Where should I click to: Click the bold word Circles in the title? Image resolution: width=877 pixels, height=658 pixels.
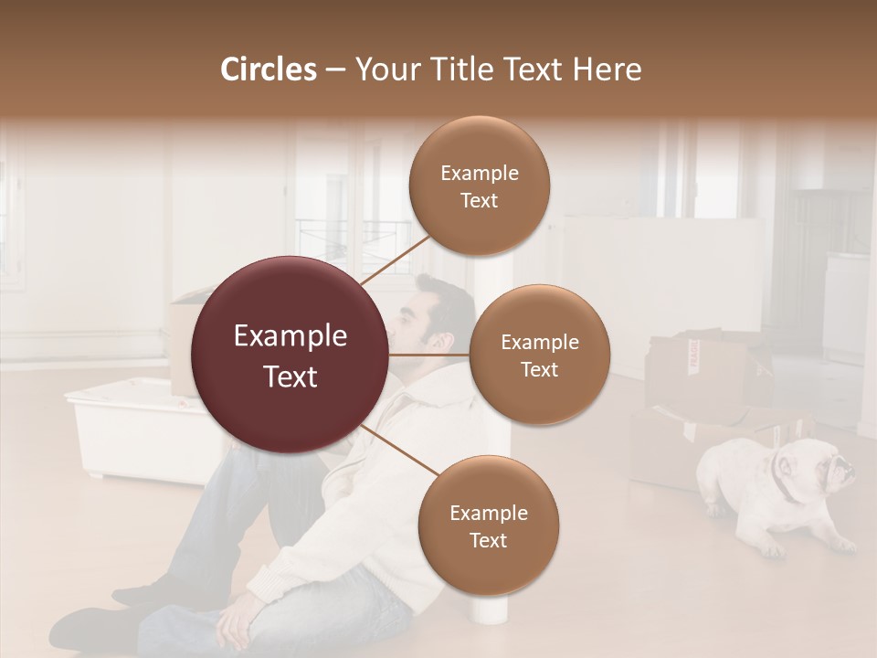(268, 69)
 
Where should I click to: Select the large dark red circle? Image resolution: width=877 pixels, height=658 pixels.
(291, 356)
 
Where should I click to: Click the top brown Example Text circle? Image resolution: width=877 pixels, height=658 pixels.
(479, 186)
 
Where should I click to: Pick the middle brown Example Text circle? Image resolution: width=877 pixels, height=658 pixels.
(539, 355)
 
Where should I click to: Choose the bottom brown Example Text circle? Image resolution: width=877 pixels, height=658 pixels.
(488, 525)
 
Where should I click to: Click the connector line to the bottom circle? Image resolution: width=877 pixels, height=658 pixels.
(399, 451)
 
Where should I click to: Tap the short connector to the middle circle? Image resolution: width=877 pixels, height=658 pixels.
(429, 354)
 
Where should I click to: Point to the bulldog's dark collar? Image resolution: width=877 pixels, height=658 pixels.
(782, 481)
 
